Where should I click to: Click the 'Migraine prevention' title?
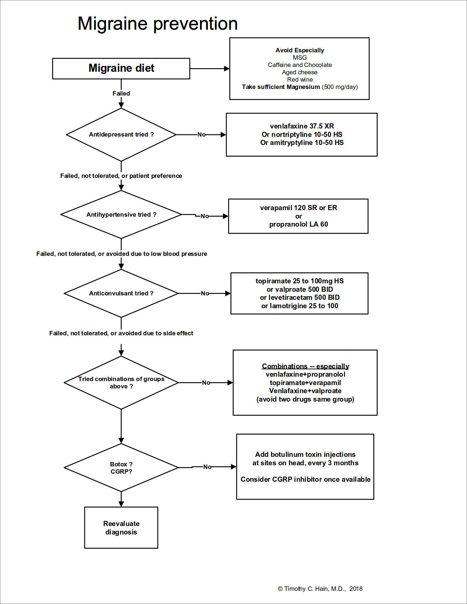(157, 24)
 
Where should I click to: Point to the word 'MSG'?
(300, 57)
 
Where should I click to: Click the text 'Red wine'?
(300, 79)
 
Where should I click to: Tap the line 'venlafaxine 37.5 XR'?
(302, 126)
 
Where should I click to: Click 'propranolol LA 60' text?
(299, 224)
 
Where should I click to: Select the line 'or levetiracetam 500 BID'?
(300, 297)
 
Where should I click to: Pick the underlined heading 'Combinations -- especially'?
(305, 366)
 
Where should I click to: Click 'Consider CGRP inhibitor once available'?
(305, 479)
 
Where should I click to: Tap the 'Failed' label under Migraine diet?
(121, 93)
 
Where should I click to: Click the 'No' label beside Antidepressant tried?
(201, 135)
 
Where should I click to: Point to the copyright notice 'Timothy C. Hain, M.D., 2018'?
(320, 589)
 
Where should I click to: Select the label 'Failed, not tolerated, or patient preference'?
(121, 176)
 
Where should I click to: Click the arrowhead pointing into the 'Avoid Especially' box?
(227, 68)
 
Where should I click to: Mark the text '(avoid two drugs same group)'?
(305, 399)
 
